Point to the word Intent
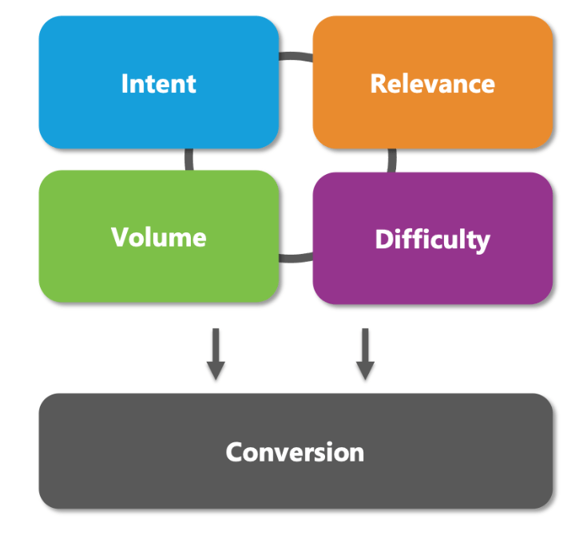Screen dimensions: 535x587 [x=158, y=83]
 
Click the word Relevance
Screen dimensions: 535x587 [x=432, y=83]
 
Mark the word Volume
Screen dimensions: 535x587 [x=158, y=237]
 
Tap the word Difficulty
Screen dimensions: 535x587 [x=432, y=240]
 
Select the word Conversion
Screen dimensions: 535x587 [x=295, y=452]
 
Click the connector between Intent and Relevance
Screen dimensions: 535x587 [x=295, y=57]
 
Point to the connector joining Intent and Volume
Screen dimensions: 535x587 [x=189, y=159]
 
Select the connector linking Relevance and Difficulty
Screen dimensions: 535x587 [x=392, y=160]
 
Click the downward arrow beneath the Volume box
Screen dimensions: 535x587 [x=215, y=355]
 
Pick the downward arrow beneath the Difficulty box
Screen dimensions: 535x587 [x=365, y=355]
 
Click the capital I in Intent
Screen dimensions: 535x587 [x=125, y=83]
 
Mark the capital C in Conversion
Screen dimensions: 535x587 [x=234, y=452]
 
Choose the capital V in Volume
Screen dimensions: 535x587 [x=119, y=237]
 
